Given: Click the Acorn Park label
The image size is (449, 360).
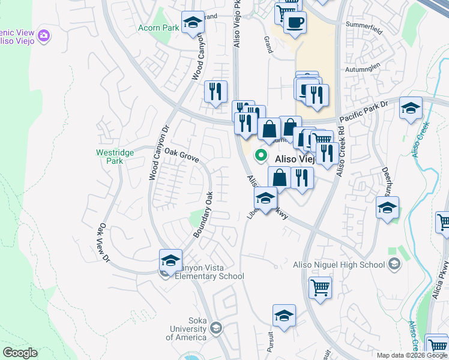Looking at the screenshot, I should click(x=158, y=28).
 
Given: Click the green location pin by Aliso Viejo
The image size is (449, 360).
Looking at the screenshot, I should click(x=261, y=155).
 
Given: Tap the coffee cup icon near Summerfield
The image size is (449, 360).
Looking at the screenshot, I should click(x=294, y=23).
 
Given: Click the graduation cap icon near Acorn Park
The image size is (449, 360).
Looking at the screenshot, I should click(x=192, y=23).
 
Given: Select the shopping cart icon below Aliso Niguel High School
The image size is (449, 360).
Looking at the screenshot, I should click(x=321, y=287).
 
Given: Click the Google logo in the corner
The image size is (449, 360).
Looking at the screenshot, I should click(x=20, y=353).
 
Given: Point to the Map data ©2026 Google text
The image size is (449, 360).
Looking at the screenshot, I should click(x=412, y=355).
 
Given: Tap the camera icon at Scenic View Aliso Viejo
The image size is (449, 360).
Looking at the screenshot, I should click(x=43, y=36).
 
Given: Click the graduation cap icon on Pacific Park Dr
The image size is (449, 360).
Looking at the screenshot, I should click(x=411, y=108).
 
